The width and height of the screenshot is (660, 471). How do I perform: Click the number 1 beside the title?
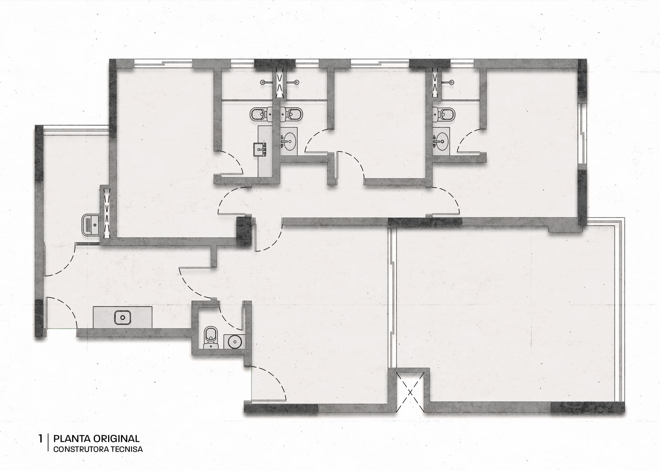click(41, 439)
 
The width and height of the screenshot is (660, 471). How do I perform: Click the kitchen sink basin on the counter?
click(122, 317)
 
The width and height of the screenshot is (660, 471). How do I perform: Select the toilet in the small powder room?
click(209, 337)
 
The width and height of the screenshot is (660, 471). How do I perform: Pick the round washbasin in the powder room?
click(235, 341)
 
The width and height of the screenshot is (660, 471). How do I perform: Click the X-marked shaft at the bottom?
click(410, 391)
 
